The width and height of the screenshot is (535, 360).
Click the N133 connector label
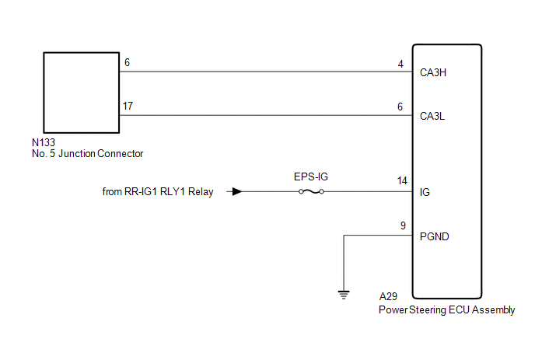coord(44,142)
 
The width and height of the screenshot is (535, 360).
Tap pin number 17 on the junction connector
coord(128,106)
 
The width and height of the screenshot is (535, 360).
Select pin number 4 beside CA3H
coord(400,64)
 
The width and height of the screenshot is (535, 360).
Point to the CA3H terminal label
coord(433,72)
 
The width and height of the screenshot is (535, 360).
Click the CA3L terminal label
coord(432,117)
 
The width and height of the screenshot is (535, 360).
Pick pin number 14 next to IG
coord(402,180)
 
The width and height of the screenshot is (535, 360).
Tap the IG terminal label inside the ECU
coord(425,193)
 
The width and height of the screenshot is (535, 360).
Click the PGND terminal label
coord(435,236)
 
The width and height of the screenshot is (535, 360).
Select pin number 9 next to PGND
coord(403,225)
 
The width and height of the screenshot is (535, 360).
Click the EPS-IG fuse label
coord(311,177)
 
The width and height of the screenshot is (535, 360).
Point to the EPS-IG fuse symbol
coord(311,192)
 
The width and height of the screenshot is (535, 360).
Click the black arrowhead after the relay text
coord(237,192)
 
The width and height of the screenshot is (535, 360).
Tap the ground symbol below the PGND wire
coord(344,295)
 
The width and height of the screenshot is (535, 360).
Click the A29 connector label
coord(388,296)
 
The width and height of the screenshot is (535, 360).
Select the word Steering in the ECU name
coord(428,310)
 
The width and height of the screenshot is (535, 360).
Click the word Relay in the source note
coord(201,192)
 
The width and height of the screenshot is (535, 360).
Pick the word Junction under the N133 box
coord(77,154)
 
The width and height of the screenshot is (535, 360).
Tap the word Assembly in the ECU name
coord(493,310)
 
